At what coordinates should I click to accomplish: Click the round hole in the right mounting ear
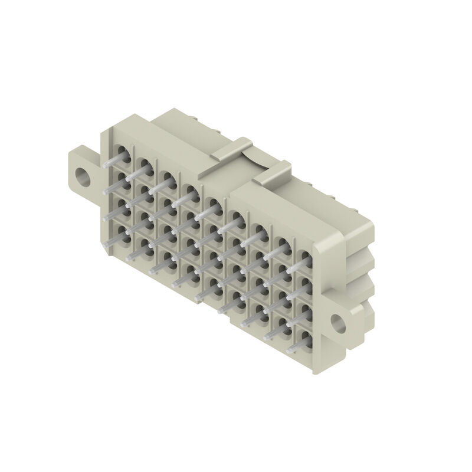coord(339,322)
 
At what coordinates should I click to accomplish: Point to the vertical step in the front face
coord(230,248)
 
